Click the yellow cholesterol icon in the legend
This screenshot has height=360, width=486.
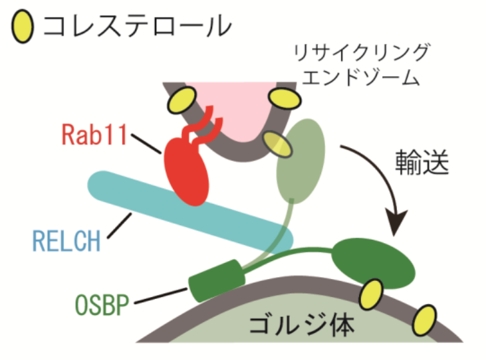pyautogui.click(x=22, y=27)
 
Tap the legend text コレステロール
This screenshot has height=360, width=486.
pyautogui.click(x=136, y=27)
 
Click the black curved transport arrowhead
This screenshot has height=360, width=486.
pyautogui.click(x=398, y=223)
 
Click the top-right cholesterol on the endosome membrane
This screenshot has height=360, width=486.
pyautogui.click(x=285, y=98)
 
